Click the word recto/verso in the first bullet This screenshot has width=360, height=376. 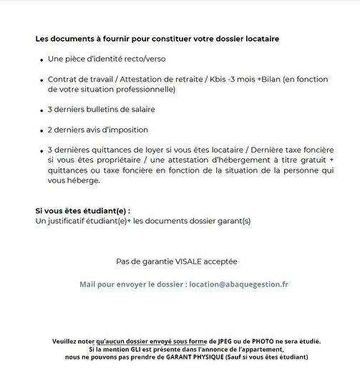[x=142, y=58]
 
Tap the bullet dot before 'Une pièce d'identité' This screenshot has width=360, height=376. [x=39, y=58]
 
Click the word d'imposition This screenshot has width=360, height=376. [x=122, y=130]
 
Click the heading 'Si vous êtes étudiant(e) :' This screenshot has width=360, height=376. [x=83, y=211]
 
